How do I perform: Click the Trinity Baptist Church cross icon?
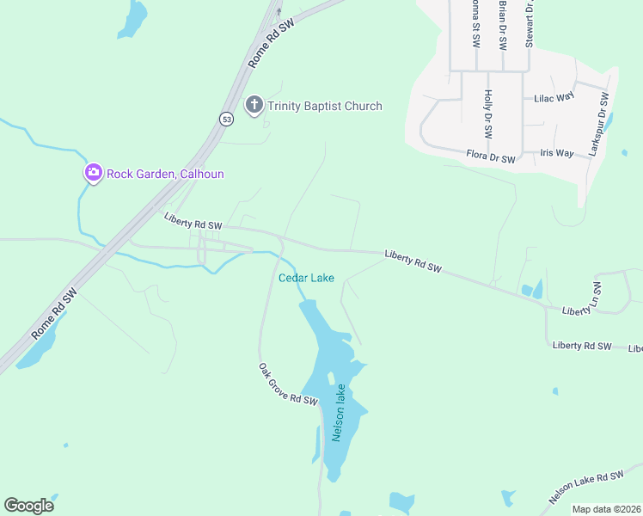[254, 106]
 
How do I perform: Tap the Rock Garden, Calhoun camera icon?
[93, 174]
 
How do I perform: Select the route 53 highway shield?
[225, 118]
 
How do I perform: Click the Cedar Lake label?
[306, 278]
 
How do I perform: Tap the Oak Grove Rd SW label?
[287, 384]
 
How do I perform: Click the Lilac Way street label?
[554, 98]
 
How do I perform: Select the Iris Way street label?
[556, 153]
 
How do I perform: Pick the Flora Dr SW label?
[491, 158]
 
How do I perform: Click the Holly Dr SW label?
[487, 114]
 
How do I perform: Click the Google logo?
[28, 506]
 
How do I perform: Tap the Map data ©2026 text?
[606, 509]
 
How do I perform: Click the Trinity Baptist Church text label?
[324, 106]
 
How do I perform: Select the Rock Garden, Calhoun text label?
[165, 174]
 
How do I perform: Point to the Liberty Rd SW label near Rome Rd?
[193, 221]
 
